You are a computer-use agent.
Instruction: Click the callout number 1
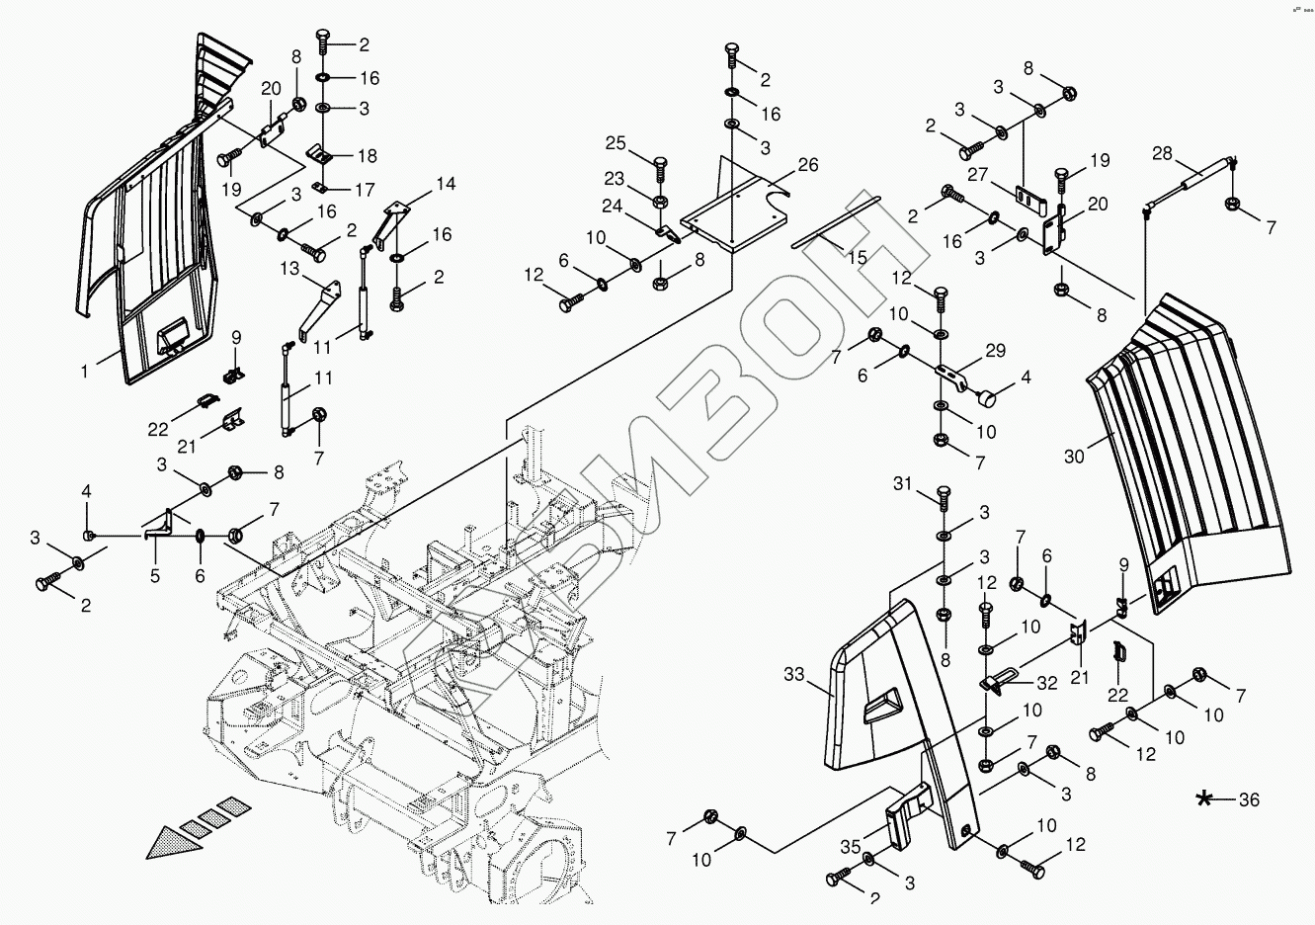[x=86, y=372]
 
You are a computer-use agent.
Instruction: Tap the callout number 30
[x=1075, y=456]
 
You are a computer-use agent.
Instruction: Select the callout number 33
[x=793, y=675]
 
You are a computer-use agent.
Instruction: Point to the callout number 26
[x=808, y=165]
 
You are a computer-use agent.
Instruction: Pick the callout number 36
[x=1249, y=799]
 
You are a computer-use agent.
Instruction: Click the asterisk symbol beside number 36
[x=1204, y=799]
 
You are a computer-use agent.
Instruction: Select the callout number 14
[x=446, y=184]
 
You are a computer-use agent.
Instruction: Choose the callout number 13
[x=288, y=270]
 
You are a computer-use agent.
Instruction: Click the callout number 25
[x=616, y=144]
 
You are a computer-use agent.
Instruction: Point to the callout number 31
[x=902, y=483]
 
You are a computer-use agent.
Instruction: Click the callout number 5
[x=155, y=575]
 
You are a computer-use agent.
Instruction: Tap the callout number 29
[x=995, y=351]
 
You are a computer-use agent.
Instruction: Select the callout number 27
[x=978, y=175]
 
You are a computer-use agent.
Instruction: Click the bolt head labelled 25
[x=661, y=161]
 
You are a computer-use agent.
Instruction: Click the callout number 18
[x=367, y=155]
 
